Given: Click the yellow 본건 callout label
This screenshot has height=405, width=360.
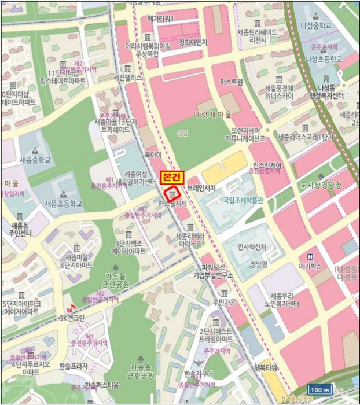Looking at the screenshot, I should click(171, 175).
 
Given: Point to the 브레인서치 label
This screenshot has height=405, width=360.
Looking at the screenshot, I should click(201, 188).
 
